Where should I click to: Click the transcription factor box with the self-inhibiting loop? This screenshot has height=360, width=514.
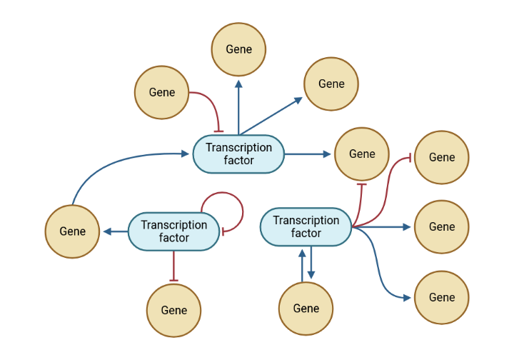point(173,231)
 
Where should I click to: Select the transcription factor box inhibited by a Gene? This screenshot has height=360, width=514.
point(238,154)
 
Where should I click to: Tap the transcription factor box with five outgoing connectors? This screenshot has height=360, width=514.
point(306,226)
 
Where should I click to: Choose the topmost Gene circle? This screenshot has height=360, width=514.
point(238,49)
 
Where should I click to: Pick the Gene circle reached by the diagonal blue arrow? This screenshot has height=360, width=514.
point(331,84)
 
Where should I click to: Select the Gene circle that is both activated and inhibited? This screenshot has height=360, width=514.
point(362,154)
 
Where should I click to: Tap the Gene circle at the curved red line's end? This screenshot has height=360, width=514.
point(442,157)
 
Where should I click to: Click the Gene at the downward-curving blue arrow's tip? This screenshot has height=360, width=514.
point(442,297)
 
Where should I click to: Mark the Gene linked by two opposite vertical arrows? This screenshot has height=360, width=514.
point(306,309)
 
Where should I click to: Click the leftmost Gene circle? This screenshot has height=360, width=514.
point(72,231)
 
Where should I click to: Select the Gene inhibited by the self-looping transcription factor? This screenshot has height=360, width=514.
point(173,310)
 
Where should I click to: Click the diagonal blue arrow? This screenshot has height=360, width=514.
point(271,116)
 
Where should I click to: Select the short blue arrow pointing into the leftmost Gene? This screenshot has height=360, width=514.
point(116,231)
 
